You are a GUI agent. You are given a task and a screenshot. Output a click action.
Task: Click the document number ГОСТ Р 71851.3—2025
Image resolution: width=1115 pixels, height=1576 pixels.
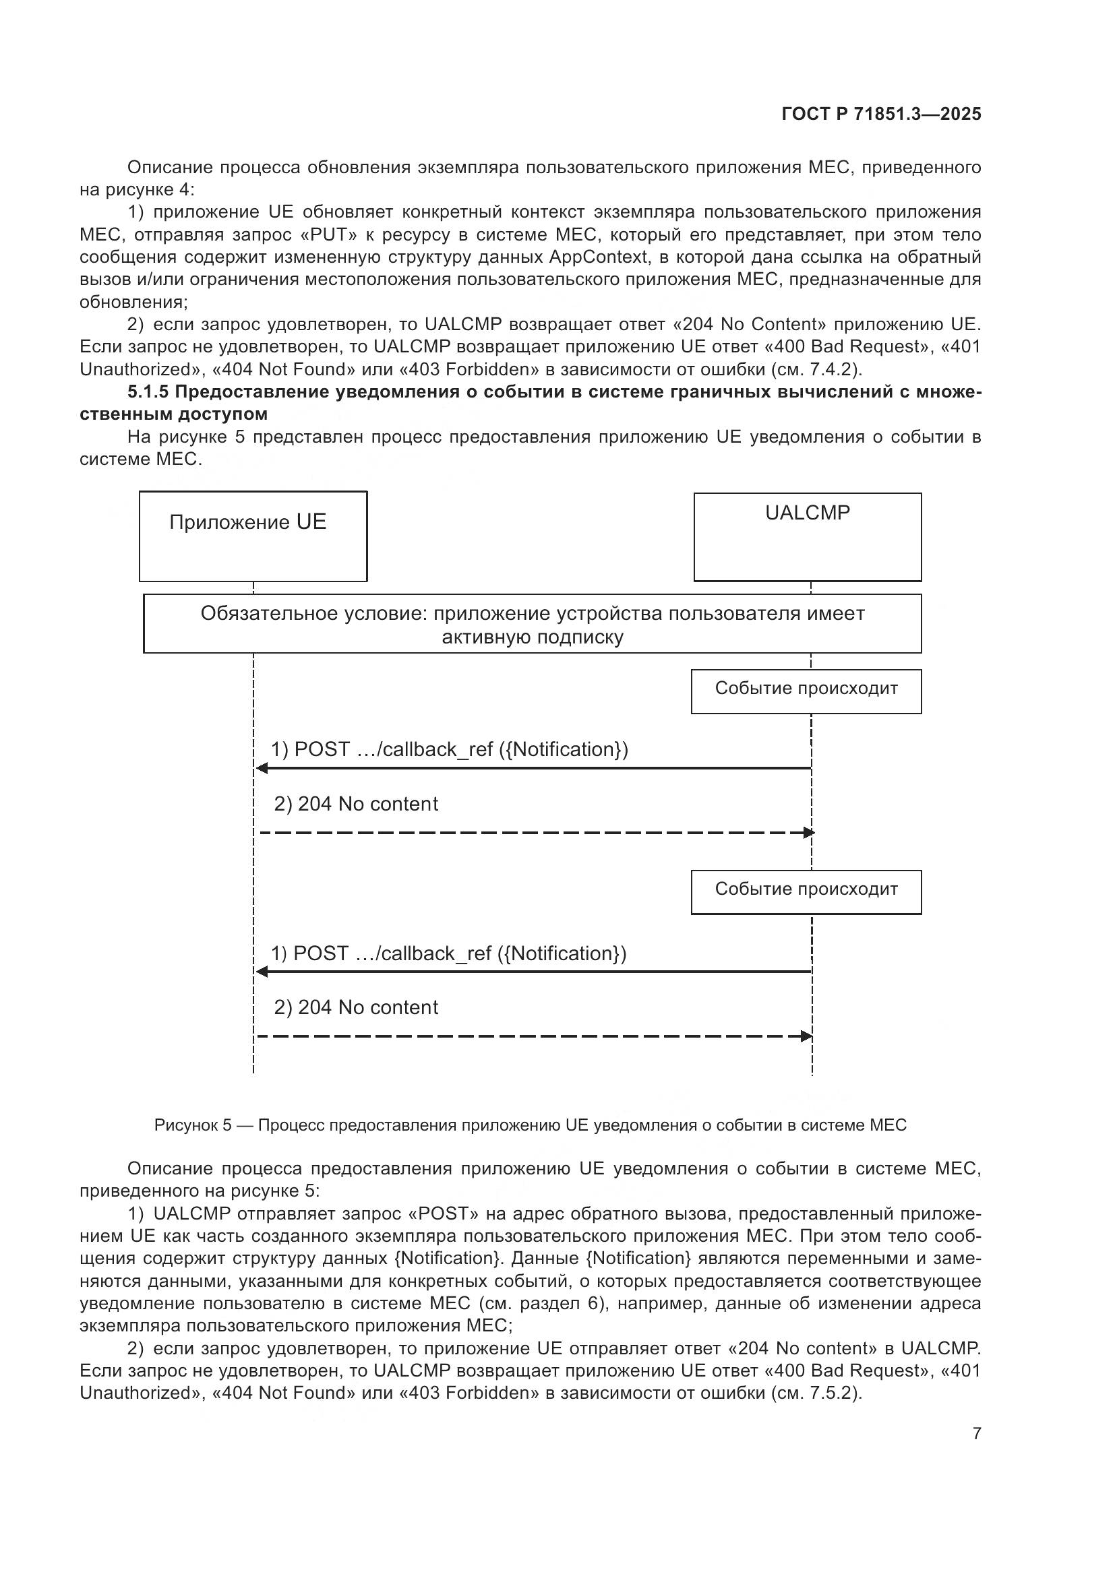click(x=881, y=114)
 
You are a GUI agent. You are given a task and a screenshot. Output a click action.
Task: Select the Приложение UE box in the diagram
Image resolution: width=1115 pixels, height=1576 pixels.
click(x=253, y=536)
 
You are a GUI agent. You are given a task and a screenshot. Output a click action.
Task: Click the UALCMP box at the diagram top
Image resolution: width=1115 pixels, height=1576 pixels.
click(x=808, y=536)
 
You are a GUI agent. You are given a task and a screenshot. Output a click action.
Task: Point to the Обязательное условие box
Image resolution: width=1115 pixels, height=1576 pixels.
click(x=532, y=623)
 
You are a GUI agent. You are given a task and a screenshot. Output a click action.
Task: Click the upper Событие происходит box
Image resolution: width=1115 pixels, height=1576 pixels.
click(x=806, y=691)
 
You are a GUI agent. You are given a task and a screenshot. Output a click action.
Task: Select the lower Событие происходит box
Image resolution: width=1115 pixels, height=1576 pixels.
click(x=806, y=891)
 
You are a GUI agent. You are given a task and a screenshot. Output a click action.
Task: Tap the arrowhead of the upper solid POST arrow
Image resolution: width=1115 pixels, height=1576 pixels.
click(x=262, y=768)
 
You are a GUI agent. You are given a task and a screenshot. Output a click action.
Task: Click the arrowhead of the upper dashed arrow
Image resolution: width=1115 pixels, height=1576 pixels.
click(x=809, y=833)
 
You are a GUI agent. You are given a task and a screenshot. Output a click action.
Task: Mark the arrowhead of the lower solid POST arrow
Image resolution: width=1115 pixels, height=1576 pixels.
click(x=262, y=972)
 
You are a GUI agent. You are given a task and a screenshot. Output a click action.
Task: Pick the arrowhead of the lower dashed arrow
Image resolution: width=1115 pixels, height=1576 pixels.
click(x=807, y=1036)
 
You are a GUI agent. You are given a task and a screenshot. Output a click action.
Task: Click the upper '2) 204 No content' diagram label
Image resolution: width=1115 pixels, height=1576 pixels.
click(x=356, y=804)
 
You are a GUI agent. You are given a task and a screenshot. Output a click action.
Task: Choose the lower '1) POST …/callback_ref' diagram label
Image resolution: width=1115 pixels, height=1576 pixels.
click(x=448, y=953)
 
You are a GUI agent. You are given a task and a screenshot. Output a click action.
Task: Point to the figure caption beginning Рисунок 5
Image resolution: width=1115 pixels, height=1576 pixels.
click(x=530, y=1125)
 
